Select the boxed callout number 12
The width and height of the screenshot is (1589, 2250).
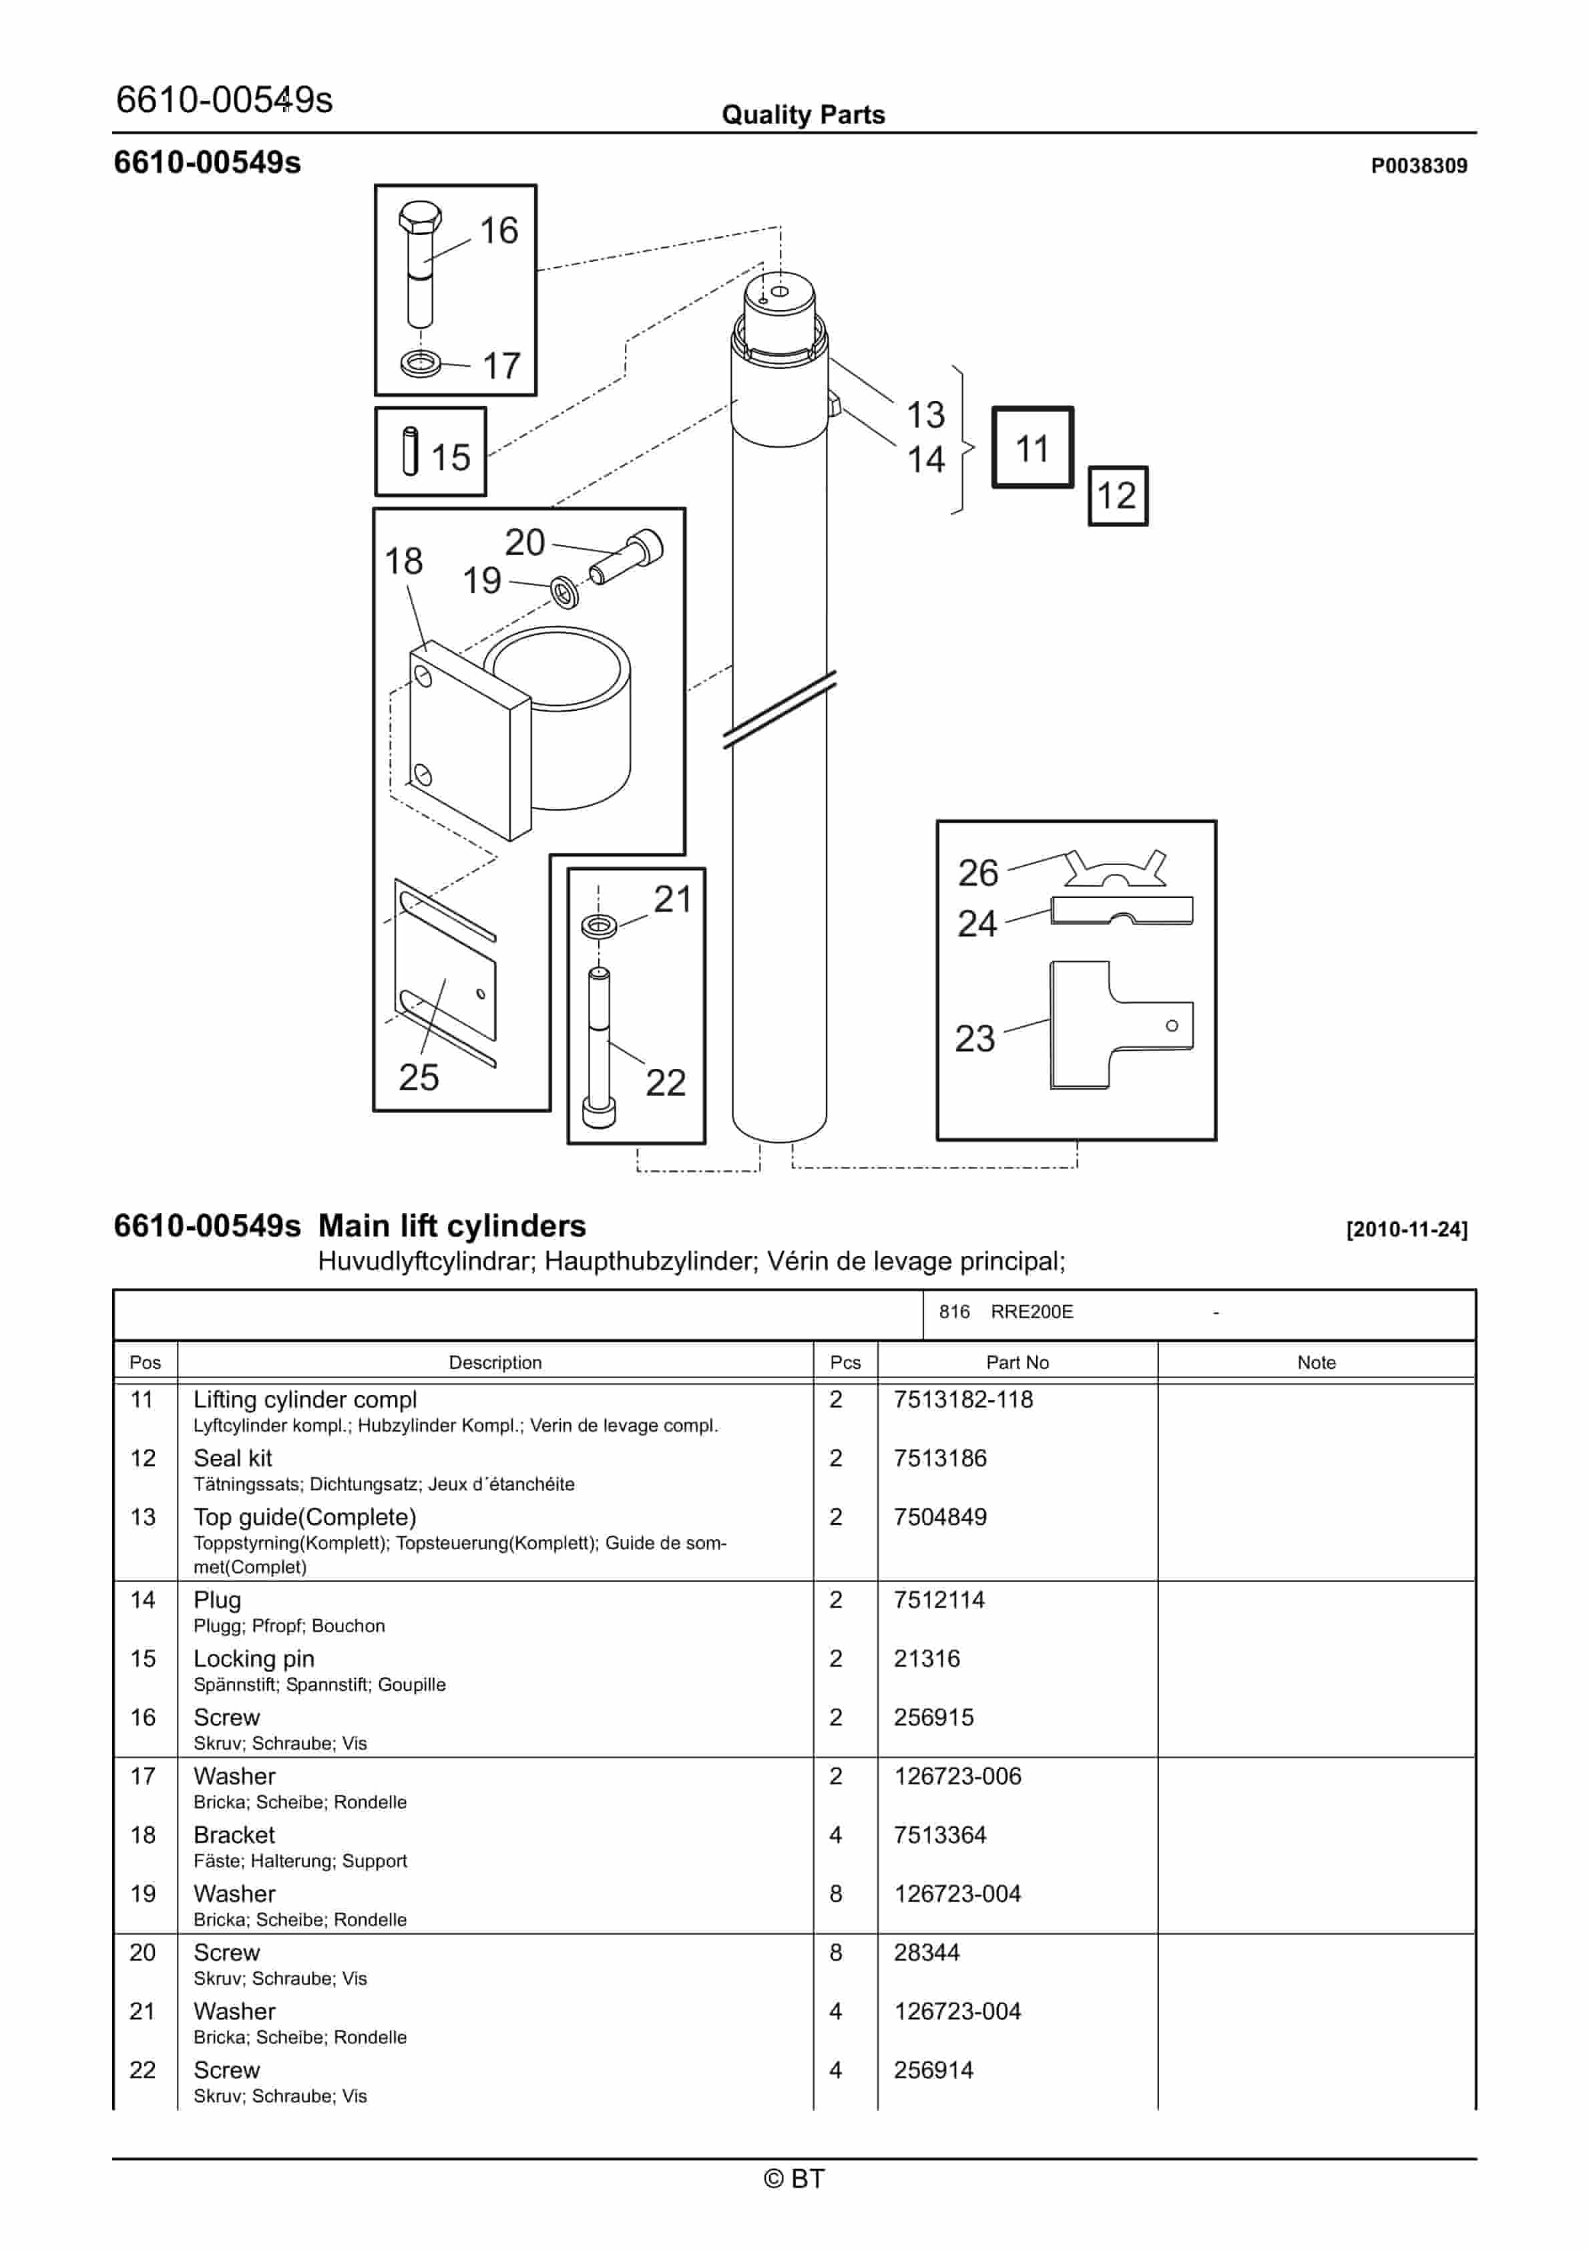(1117, 496)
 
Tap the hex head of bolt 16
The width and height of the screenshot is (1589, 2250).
(420, 216)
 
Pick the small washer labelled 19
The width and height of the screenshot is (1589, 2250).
(564, 592)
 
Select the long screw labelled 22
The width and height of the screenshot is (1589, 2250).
(599, 1049)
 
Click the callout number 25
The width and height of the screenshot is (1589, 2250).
(419, 1077)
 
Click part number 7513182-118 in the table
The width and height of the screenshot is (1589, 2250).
(962, 1400)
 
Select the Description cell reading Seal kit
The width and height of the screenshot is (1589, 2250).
(232, 1458)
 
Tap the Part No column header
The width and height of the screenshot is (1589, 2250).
(1017, 1362)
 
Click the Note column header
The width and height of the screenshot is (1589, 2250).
(1316, 1362)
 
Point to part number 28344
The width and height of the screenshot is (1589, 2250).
(926, 1952)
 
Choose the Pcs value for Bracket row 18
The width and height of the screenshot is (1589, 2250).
(836, 1834)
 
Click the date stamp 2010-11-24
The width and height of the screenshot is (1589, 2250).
(1406, 1229)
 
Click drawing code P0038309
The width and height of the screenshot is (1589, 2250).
(1417, 166)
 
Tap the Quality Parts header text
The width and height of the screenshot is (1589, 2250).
(803, 115)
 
